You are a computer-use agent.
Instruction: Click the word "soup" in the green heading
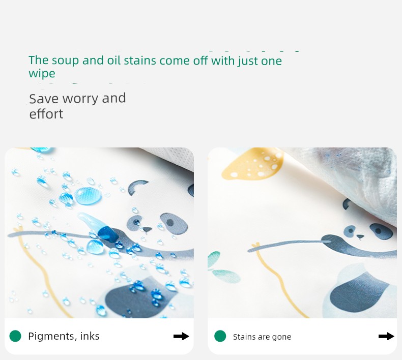coord(65,61)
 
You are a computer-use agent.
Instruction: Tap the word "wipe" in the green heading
coord(42,74)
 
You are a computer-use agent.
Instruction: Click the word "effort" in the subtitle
coord(46,114)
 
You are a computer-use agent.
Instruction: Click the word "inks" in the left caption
coord(90,336)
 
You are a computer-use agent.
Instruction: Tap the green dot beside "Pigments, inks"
coord(15,336)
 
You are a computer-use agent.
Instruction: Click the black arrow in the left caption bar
coord(181,336)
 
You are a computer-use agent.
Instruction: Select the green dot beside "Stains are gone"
coord(220,336)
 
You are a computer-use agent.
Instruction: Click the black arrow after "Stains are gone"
coord(386,336)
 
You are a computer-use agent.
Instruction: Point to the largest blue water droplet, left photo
coord(88,195)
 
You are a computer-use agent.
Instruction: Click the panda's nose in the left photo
coord(147,229)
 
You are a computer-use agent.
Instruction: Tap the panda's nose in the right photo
coord(360,236)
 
